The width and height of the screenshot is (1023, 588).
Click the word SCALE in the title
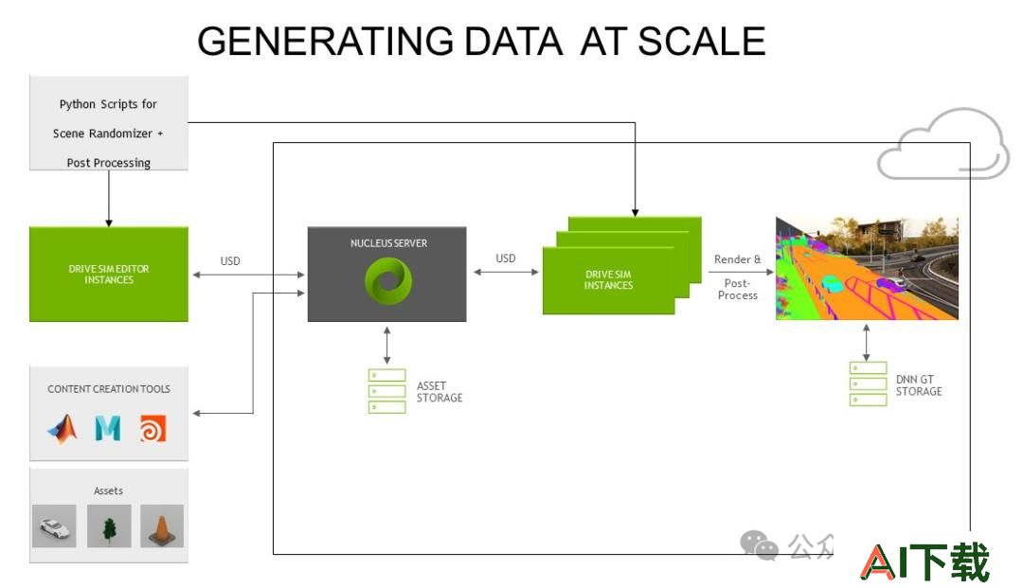(701, 42)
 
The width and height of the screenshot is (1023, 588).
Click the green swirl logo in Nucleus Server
(388, 281)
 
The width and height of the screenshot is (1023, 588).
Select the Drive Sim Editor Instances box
(109, 274)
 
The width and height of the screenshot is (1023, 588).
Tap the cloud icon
(942, 145)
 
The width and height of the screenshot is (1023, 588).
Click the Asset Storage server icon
(386, 391)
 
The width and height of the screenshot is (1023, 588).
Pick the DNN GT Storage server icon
(868, 384)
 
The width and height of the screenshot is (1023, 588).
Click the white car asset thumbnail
(54, 526)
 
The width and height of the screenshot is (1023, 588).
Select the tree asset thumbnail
(109, 526)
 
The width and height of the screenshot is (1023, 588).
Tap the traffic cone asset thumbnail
(162, 526)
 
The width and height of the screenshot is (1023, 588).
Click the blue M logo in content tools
(108, 428)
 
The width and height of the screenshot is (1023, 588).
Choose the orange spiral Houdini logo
(153, 429)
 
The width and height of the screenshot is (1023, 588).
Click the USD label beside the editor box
(230, 260)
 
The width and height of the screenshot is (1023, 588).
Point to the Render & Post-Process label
(737, 277)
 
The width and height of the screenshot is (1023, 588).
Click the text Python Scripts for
(108, 104)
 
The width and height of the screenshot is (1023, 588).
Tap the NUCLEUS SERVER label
(389, 243)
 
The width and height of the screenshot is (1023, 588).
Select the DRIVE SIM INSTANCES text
(608, 279)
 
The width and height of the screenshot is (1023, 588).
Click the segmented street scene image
(867, 269)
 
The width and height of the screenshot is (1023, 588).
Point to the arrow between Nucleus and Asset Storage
(386, 346)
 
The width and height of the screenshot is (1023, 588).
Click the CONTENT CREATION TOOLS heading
(109, 389)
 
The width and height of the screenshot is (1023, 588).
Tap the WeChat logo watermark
(759, 545)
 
